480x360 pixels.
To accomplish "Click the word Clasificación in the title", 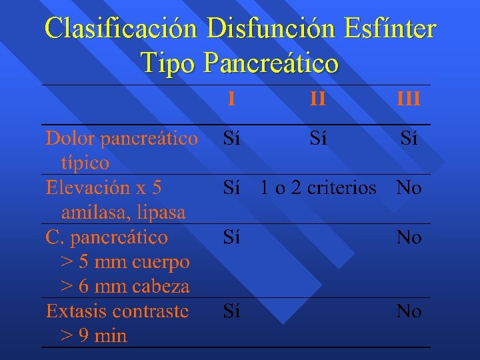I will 122,29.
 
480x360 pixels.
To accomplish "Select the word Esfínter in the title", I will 391,29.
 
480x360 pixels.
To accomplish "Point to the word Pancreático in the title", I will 271,63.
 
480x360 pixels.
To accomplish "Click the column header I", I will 231,99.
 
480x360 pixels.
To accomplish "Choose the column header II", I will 318,99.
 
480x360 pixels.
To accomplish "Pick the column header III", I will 408,99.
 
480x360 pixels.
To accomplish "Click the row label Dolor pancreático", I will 121,139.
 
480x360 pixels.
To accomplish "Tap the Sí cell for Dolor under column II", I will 318,139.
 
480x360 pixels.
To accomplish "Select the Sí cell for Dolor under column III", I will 408,139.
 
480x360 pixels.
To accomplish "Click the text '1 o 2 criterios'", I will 318,188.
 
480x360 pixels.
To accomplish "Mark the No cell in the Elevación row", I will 408,188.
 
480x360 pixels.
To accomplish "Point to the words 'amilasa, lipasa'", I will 123,213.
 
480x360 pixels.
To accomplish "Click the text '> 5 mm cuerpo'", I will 125,262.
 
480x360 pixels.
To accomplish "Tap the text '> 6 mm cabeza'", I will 125,287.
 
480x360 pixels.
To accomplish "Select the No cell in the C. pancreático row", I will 408,237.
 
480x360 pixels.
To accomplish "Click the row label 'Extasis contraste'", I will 117,311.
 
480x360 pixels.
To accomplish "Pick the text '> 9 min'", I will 93,336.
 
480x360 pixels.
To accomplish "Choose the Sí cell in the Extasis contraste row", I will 231,311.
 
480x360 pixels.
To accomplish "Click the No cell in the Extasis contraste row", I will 408,311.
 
